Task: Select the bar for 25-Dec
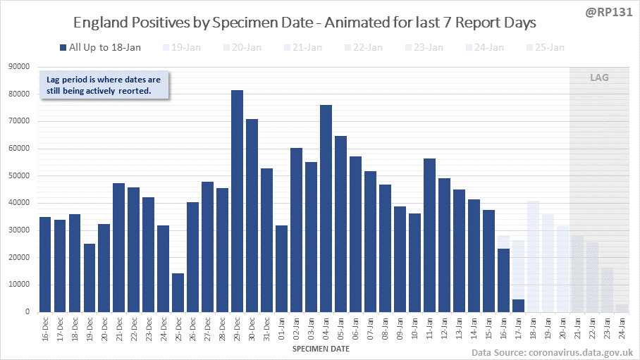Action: [178, 292]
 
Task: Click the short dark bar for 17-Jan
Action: [518, 305]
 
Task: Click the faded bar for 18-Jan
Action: [533, 256]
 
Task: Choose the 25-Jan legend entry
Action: [546, 47]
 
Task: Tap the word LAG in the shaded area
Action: [599, 77]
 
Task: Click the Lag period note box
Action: [103, 85]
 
